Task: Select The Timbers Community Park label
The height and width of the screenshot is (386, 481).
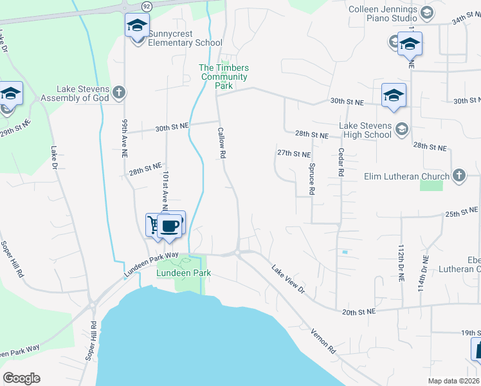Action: pyautogui.click(x=224, y=73)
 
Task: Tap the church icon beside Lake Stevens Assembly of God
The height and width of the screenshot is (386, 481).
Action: pyautogui.click(x=118, y=93)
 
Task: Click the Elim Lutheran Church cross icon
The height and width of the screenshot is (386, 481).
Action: pyautogui.click(x=458, y=176)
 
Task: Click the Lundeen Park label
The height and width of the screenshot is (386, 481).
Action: pyautogui.click(x=184, y=273)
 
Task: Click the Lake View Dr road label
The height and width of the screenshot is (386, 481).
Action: pyautogui.click(x=287, y=279)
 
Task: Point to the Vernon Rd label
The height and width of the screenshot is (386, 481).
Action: pyautogui.click(x=323, y=338)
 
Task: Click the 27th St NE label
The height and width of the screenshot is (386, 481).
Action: pyautogui.click(x=294, y=154)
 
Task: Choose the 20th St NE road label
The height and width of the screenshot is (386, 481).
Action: pyautogui.click(x=359, y=312)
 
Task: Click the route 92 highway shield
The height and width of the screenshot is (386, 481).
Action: pyautogui.click(x=147, y=6)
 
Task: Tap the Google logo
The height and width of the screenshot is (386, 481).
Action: pyautogui.click(x=21, y=378)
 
